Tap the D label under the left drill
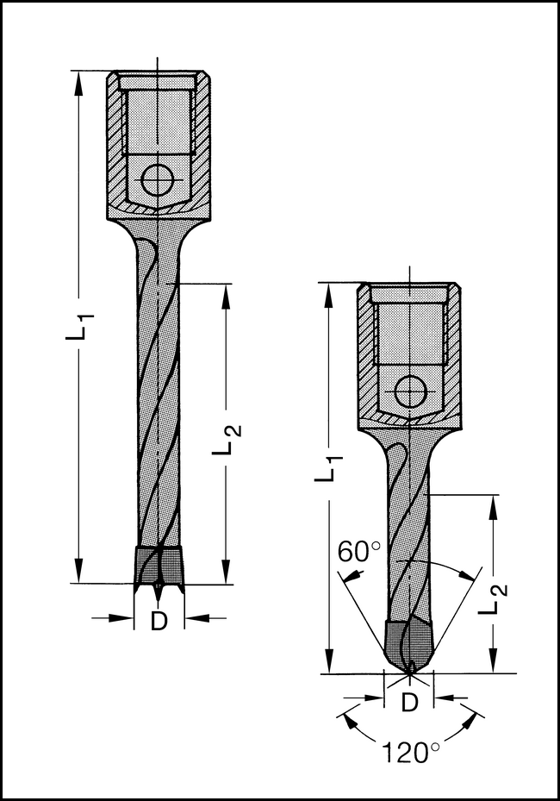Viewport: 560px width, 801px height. click(x=159, y=621)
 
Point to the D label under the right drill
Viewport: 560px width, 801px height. click(x=410, y=703)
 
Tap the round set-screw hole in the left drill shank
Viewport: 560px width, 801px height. click(x=158, y=180)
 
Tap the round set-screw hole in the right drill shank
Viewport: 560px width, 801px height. click(x=410, y=392)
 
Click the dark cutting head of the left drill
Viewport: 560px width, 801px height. click(x=159, y=565)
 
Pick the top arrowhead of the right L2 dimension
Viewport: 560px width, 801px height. click(x=493, y=505)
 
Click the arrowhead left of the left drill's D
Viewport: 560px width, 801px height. click(x=125, y=617)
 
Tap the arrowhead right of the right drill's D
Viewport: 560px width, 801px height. click(x=444, y=698)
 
